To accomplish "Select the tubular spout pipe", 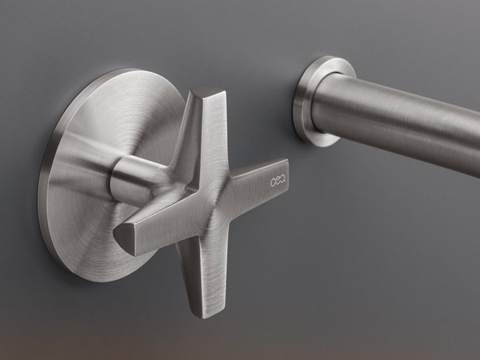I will click(x=400, y=120).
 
